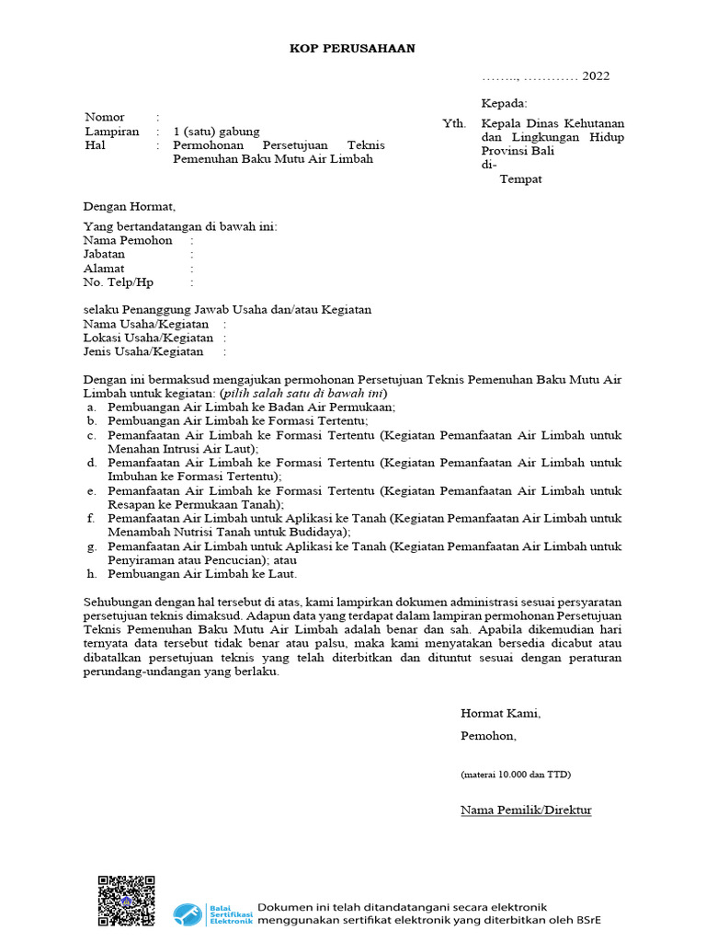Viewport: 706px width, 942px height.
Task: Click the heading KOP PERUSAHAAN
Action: click(353, 48)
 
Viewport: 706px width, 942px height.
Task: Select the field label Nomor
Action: click(105, 117)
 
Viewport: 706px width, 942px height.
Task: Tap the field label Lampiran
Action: click(111, 132)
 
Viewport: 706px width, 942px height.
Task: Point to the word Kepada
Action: click(505, 104)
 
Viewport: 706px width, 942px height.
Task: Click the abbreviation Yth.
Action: click(453, 123)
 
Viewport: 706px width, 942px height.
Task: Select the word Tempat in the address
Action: click(520, 179)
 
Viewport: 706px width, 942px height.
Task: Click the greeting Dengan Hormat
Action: click(129, 206)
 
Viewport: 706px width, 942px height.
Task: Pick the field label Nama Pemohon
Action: click(128, 240)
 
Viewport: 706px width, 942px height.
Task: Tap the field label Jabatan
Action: click(104, 254)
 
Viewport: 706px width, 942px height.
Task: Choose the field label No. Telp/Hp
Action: click(119, 282)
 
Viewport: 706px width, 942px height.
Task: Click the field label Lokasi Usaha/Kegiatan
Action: click(148, 338)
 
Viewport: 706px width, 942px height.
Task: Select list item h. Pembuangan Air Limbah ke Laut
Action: click(202, 574)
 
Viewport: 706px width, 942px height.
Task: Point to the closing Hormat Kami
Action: click(501, 713)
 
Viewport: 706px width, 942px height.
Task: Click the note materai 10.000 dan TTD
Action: click(516, 775)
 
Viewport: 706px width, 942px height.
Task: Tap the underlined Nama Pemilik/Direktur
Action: click(526, 810)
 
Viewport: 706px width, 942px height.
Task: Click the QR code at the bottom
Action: click(126, 899)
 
